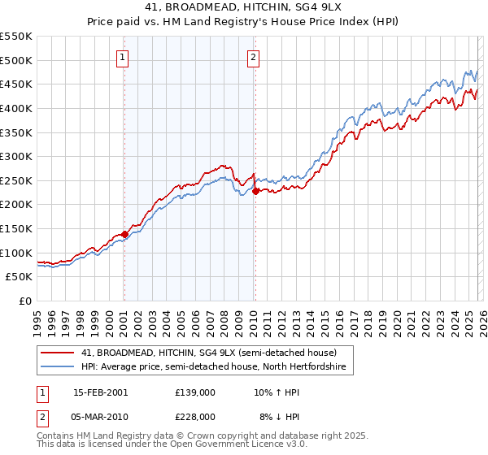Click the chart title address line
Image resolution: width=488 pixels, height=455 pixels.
tap(244, 7)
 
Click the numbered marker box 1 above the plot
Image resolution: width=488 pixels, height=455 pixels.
tap(122, 57)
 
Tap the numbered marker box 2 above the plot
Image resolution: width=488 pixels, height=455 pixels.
tap(254, 57)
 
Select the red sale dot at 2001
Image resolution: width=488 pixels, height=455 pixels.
tap(124, 234)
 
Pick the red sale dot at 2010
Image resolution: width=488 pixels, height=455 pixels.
tap(255, 192)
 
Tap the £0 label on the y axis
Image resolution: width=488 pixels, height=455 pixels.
tap(26, 301)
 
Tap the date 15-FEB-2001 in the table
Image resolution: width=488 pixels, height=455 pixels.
tap(100, 392)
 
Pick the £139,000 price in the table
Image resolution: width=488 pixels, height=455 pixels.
tap(194, 392)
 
